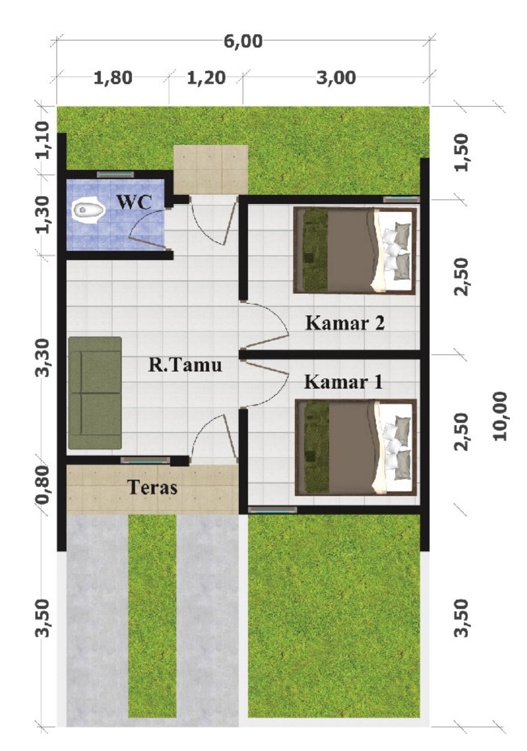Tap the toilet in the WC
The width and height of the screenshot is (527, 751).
click(88, 210)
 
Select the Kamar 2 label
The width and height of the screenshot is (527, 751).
click(345, 323)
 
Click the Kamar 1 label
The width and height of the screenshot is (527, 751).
click(343, 382)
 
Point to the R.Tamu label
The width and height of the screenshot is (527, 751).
click(185, 364)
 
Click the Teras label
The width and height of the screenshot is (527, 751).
click(152, 488)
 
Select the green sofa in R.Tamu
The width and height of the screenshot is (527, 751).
click(95, 392)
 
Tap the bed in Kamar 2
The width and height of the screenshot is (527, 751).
click(355, 251)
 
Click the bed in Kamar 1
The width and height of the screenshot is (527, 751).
click(356, 447)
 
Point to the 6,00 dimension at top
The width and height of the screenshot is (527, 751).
click(243, 42)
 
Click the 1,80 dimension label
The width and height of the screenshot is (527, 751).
click(113, 78)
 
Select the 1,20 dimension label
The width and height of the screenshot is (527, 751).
click(206, 78)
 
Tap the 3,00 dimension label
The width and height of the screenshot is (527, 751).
click(336, 78)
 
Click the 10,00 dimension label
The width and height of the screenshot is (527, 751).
click(500, 416)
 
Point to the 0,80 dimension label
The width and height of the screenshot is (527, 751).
click(45, 485)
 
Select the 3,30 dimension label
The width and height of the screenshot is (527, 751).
click(45, 358)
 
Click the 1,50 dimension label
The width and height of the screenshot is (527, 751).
click(461, 153)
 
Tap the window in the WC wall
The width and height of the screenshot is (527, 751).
click(115, 175)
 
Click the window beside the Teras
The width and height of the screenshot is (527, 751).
click(146, 461)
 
